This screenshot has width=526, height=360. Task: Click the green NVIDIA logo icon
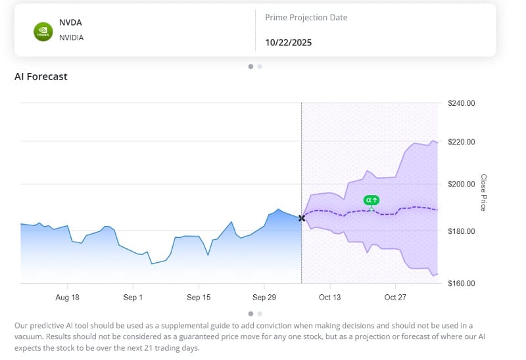click(43, 32)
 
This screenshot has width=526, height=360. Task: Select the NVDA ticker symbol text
click(70, 22)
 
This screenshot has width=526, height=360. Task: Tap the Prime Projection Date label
click(306, 18)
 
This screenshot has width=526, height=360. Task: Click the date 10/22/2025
click(288, 43)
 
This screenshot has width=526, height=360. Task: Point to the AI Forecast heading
click(41, 76)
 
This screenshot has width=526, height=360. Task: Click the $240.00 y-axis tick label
click(461, 103)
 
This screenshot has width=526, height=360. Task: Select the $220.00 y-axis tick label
click(461, 142)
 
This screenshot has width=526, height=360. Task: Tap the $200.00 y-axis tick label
click(461, 184)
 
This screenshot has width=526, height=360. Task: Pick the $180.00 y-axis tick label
click(461, 231)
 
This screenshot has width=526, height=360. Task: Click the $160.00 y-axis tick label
click(461, 283)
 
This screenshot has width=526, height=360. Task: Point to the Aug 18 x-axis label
click(67, 298)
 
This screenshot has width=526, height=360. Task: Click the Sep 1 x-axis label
click(133, 298)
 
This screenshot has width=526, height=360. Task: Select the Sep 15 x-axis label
click(199, 298)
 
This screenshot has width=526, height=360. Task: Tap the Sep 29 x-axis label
click(264, 298)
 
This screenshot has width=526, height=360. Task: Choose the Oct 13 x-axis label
click(329, 298)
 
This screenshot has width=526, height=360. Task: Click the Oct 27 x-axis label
click(395, 298)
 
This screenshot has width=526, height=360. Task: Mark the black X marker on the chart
click(302, 218)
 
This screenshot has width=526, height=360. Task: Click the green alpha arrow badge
click(371, 200)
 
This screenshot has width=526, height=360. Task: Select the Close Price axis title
click(483, 192)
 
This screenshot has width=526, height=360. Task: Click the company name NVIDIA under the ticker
click(72, 37)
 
